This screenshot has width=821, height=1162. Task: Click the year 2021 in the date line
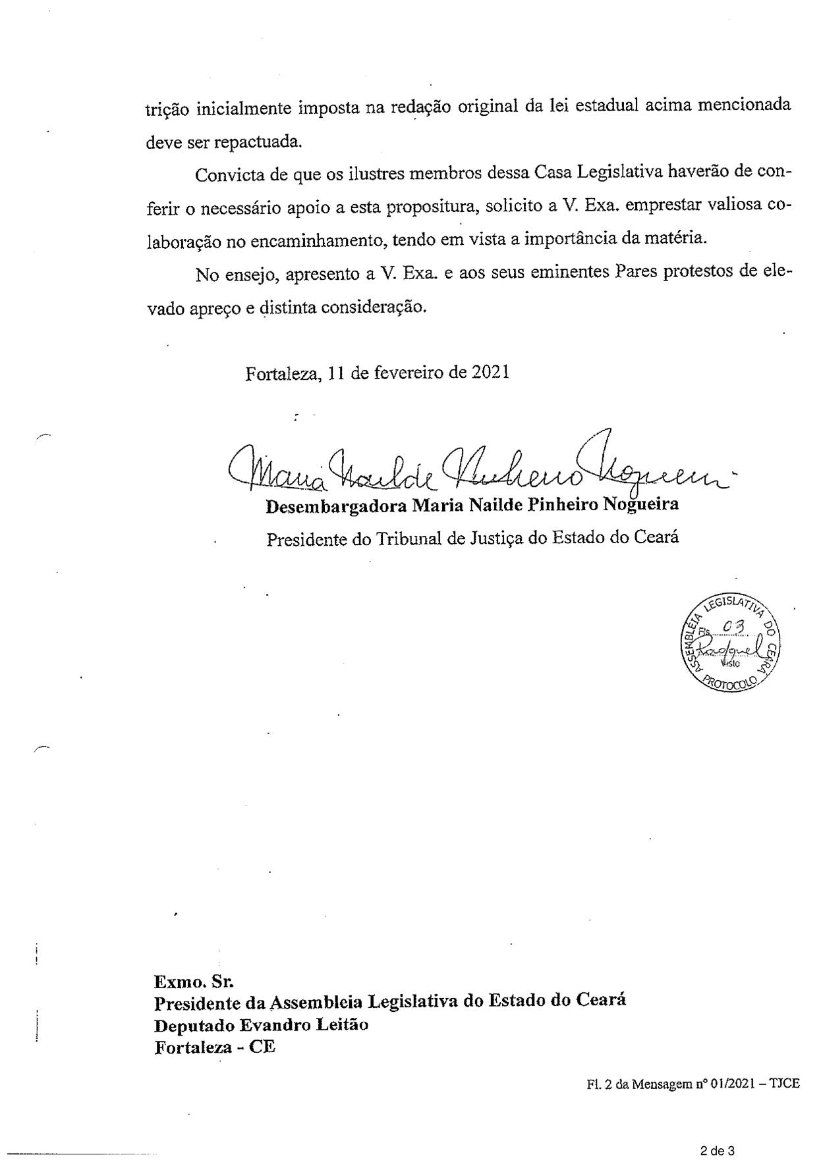[x=490, y=373]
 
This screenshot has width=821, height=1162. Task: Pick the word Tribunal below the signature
[x=409, y=539]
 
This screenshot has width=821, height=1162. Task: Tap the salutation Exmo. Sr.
[x=194, y=982]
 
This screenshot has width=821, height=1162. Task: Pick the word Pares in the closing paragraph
[x=636, y=273]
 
